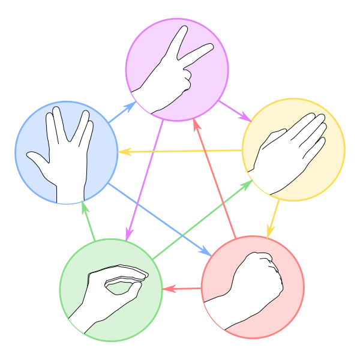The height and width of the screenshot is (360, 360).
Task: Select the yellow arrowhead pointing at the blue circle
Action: [x=124, y=152]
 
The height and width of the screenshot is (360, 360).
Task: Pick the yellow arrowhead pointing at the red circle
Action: [x=270, y=231]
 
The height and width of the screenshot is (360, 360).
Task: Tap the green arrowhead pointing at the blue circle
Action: [x=84, y=208]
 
